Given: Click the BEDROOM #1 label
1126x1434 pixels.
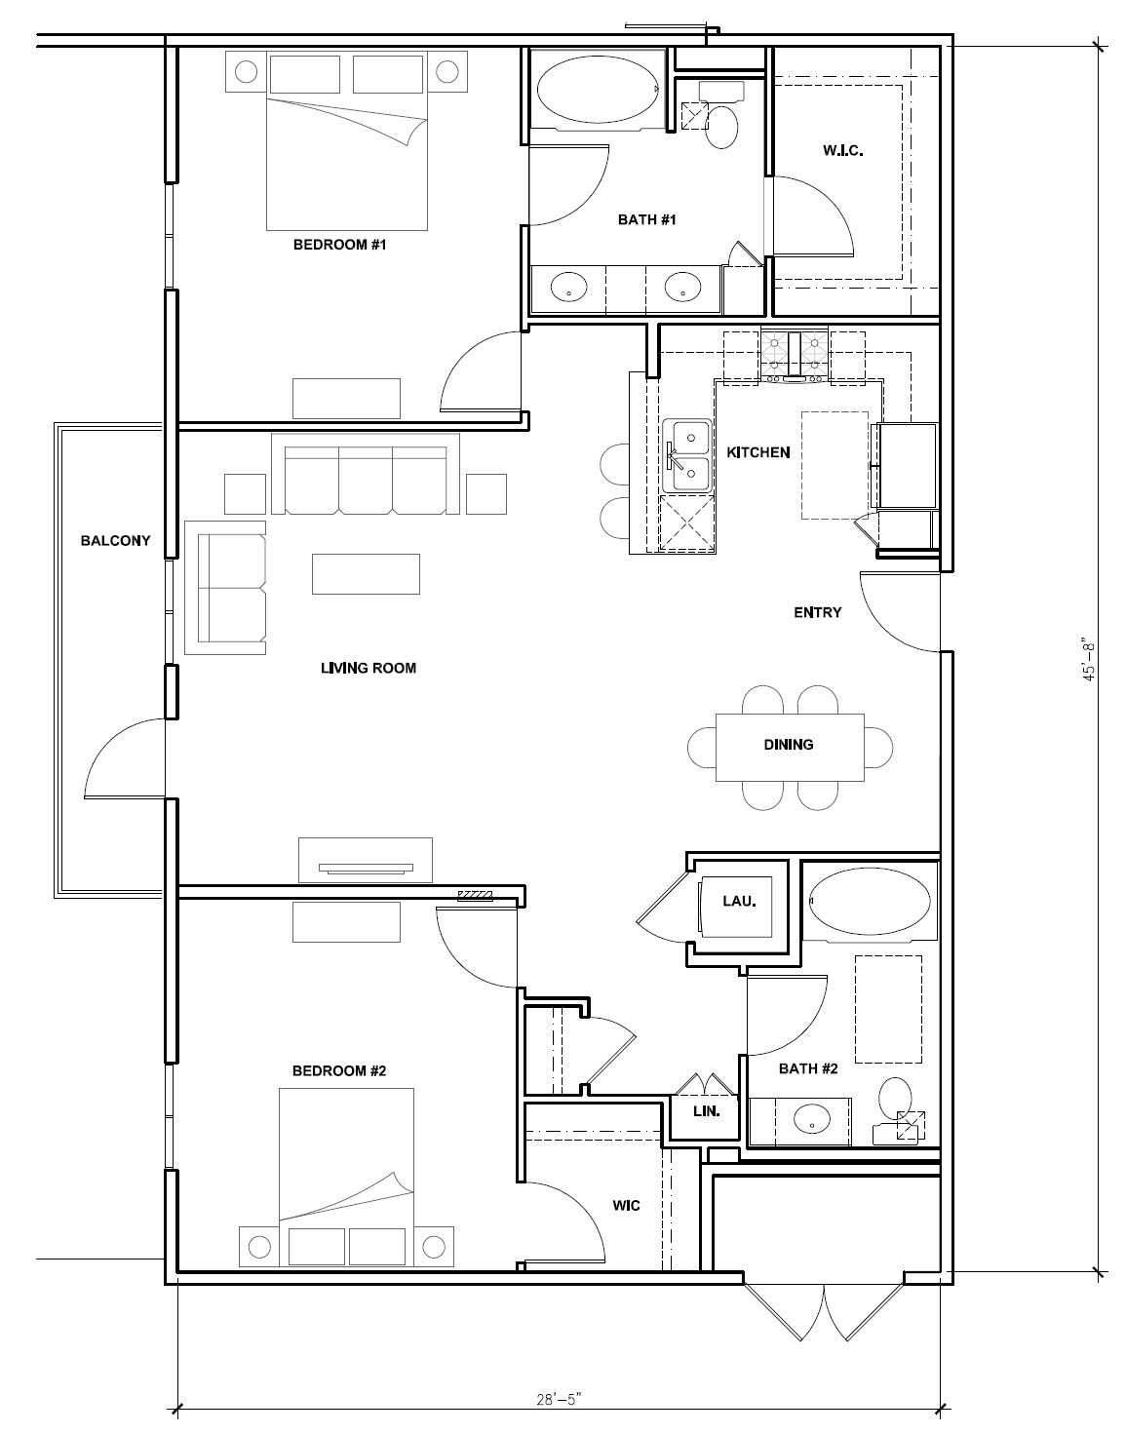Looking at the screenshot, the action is coord(339,245).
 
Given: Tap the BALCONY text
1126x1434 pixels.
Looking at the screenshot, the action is coord(115,540).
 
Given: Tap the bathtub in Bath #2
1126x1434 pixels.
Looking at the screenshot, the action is coord(870,900).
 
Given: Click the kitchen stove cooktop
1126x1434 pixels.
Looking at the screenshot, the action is coord(795,357).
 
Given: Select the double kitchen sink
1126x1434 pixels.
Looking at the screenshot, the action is coord(686,455).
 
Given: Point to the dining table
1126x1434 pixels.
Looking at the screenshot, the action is coord(790,747).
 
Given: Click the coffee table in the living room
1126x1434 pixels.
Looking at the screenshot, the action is coord(366,573).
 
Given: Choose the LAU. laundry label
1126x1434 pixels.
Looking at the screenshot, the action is coord(739,901).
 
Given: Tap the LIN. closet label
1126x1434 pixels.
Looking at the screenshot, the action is coord(706,1111).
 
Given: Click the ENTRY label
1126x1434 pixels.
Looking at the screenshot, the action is coord(817,612).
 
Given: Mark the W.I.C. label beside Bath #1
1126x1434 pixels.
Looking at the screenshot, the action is coord(843,150).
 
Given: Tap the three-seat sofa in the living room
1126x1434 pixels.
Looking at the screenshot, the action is coord(366,474).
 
